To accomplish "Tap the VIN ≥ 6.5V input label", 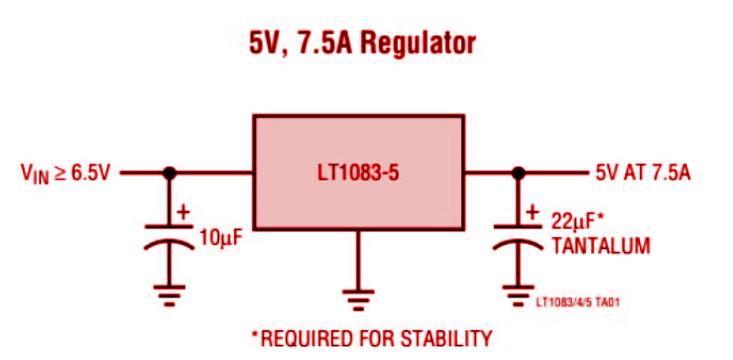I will (67, 173).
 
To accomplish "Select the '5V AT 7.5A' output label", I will (642, 173).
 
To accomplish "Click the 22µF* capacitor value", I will (578, 219).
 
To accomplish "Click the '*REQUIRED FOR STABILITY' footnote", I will (371, 338).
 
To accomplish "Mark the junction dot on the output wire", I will (516, 173).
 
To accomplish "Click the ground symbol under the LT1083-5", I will (358, 294).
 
